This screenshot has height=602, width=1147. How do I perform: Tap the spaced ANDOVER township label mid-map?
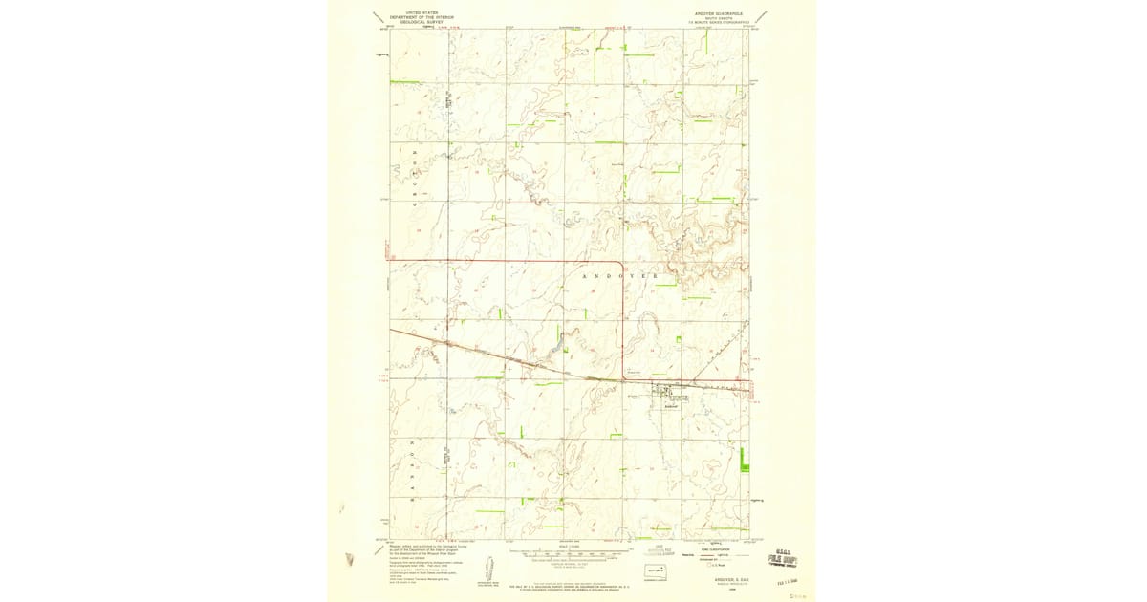click(x=622, y=275)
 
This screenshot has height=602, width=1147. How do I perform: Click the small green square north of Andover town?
click(x=678, y=339)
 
